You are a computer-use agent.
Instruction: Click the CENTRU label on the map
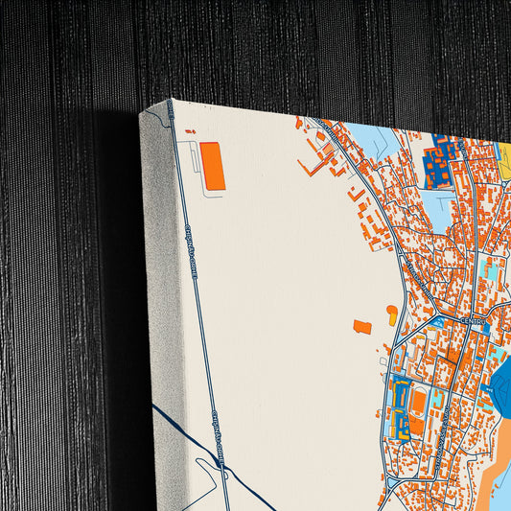[x=472, y=322]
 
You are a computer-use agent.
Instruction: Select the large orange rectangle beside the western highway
[x=212, y=166]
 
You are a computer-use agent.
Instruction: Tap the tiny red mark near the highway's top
[x=189, y=131]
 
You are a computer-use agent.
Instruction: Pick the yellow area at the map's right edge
[x=504, y=163]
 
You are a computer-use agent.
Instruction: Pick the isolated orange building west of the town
[x=362, y=327]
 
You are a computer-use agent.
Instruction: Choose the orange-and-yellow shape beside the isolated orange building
[x=391, y=313]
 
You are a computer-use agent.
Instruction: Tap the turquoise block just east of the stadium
[x=437, y=396]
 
